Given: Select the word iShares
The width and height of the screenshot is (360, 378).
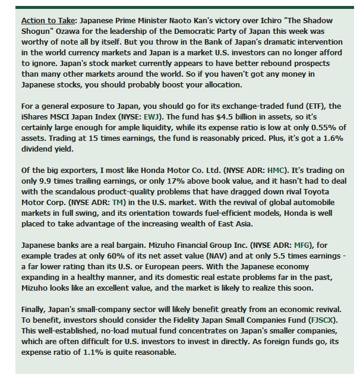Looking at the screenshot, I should (34, 115).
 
